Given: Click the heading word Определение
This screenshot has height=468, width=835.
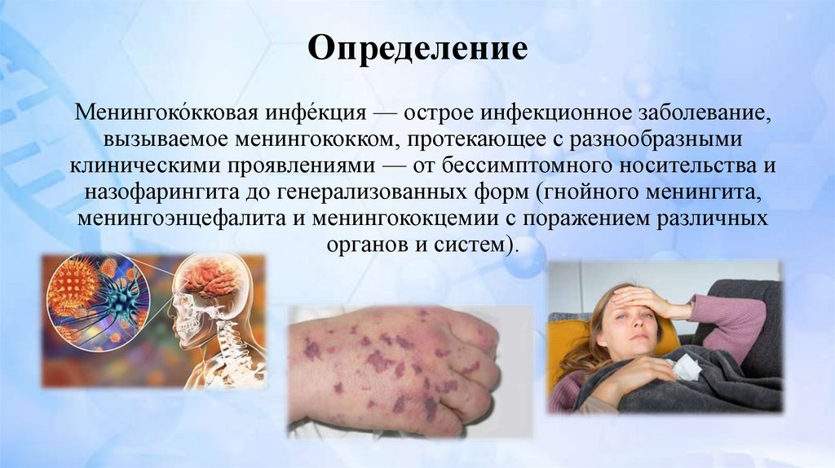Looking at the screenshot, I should tap(417, 51).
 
